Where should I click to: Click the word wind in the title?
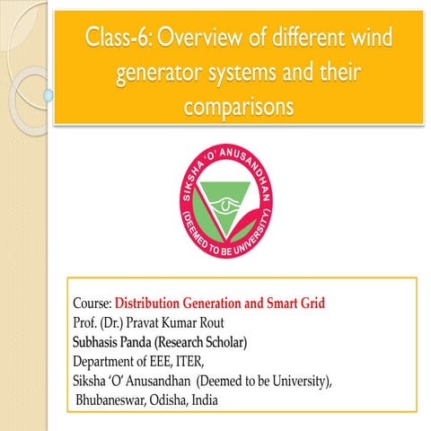point(372,39)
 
